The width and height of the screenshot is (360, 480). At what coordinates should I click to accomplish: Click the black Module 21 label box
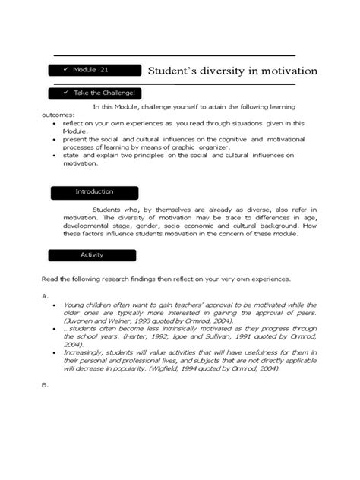pyautogui.click(x=95, y=70)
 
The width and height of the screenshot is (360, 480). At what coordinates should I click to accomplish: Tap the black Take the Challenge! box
pyautogui.click(x=95, y=93)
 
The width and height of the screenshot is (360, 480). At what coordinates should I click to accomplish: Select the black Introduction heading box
pyautogui.click(x=95, y=192)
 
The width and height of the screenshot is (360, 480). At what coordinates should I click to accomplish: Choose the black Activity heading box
pyautogui.click(x=93, y=255)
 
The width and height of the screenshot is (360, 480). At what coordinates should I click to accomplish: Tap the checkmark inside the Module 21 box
pyautogui.click(x=66, y=70)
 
